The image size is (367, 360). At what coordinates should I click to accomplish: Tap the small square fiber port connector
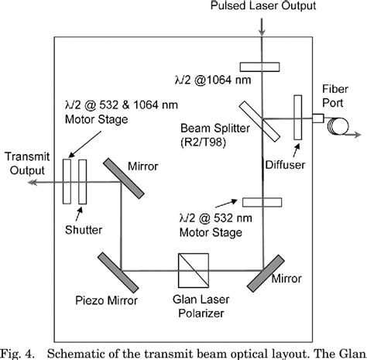click(x=318, y=118)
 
